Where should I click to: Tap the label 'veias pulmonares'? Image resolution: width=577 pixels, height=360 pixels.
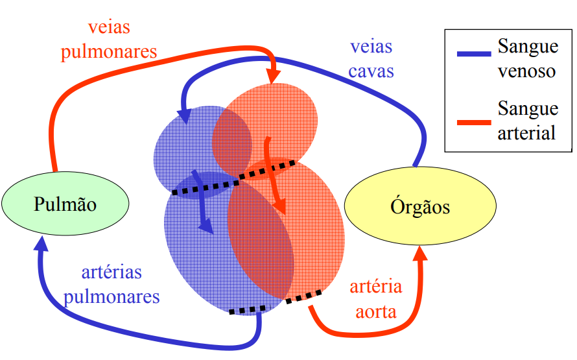pos(108,40)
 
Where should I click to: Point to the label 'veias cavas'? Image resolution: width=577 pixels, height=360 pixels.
pos(371,58)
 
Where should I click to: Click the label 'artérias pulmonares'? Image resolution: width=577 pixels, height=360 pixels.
pos(112,285)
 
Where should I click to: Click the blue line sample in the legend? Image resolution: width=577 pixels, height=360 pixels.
pos(473,54)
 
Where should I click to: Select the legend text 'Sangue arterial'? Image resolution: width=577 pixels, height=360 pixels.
pos(527,120)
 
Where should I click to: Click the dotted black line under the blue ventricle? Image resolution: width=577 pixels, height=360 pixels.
pos(247,310)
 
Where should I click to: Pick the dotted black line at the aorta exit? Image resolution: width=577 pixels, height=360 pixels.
pos(304,296)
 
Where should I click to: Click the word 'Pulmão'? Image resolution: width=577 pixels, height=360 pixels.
pos(65,205)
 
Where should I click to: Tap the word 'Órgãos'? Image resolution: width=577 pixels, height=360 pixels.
pos(420,207)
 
